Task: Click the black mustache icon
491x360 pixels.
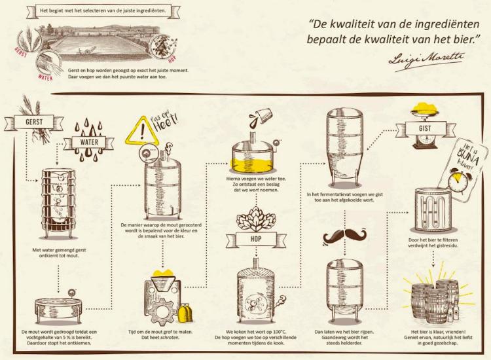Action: (x=344, y=236)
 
